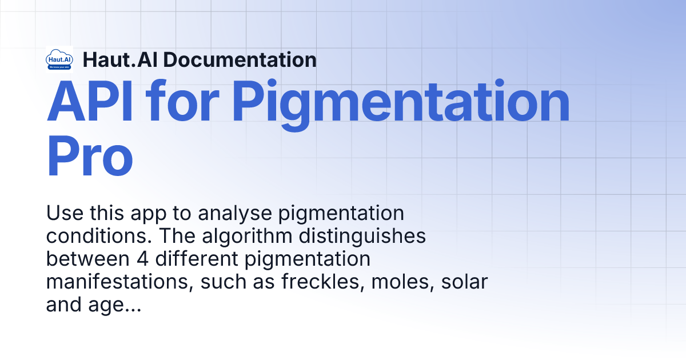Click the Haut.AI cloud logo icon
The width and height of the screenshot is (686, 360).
pos(59,59)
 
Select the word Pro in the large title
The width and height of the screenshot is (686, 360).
pos(90,154)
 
